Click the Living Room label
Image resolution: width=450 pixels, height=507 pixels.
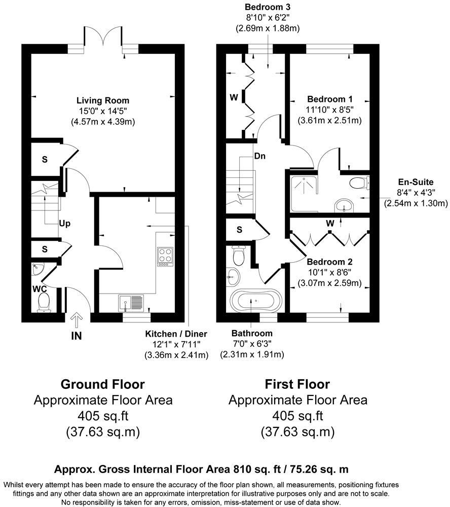(103, 100)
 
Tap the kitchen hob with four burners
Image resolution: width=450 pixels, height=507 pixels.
(165, 257)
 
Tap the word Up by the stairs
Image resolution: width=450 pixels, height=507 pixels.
(65, 224)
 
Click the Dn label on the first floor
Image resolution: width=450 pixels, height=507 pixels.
(260, 156)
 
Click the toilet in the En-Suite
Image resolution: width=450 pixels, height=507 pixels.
(359, 183)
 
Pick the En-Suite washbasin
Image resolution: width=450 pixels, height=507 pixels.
(344, 205)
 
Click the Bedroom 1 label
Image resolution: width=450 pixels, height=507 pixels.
(330, 99)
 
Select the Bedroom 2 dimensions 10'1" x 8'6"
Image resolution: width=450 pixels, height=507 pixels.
(329, 273)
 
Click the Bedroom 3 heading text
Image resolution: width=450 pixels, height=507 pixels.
(268, 7)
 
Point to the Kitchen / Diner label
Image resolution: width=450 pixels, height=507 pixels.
(176, 334)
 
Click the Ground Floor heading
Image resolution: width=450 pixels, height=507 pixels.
(103, 384)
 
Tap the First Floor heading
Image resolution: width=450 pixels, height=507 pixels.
(297, 384)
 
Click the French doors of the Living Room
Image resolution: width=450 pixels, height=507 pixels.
(103, 35)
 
